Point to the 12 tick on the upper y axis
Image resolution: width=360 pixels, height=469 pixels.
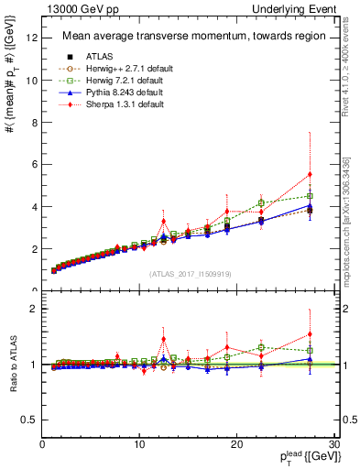[32, 38]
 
